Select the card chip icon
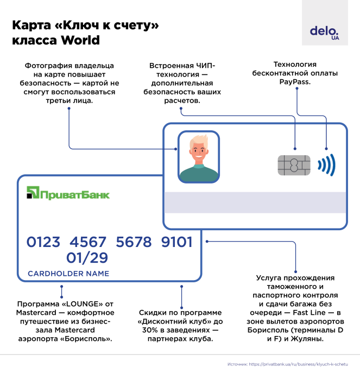[x=293, y=165]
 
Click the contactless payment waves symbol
[x=327, y=164]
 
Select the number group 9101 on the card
[x=177, y=242]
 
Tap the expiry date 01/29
[x=87, y=257]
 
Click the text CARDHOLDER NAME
[x=68, y=274]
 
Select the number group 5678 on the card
[x=132, y=242]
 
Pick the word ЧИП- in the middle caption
[x=205, y=66]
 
